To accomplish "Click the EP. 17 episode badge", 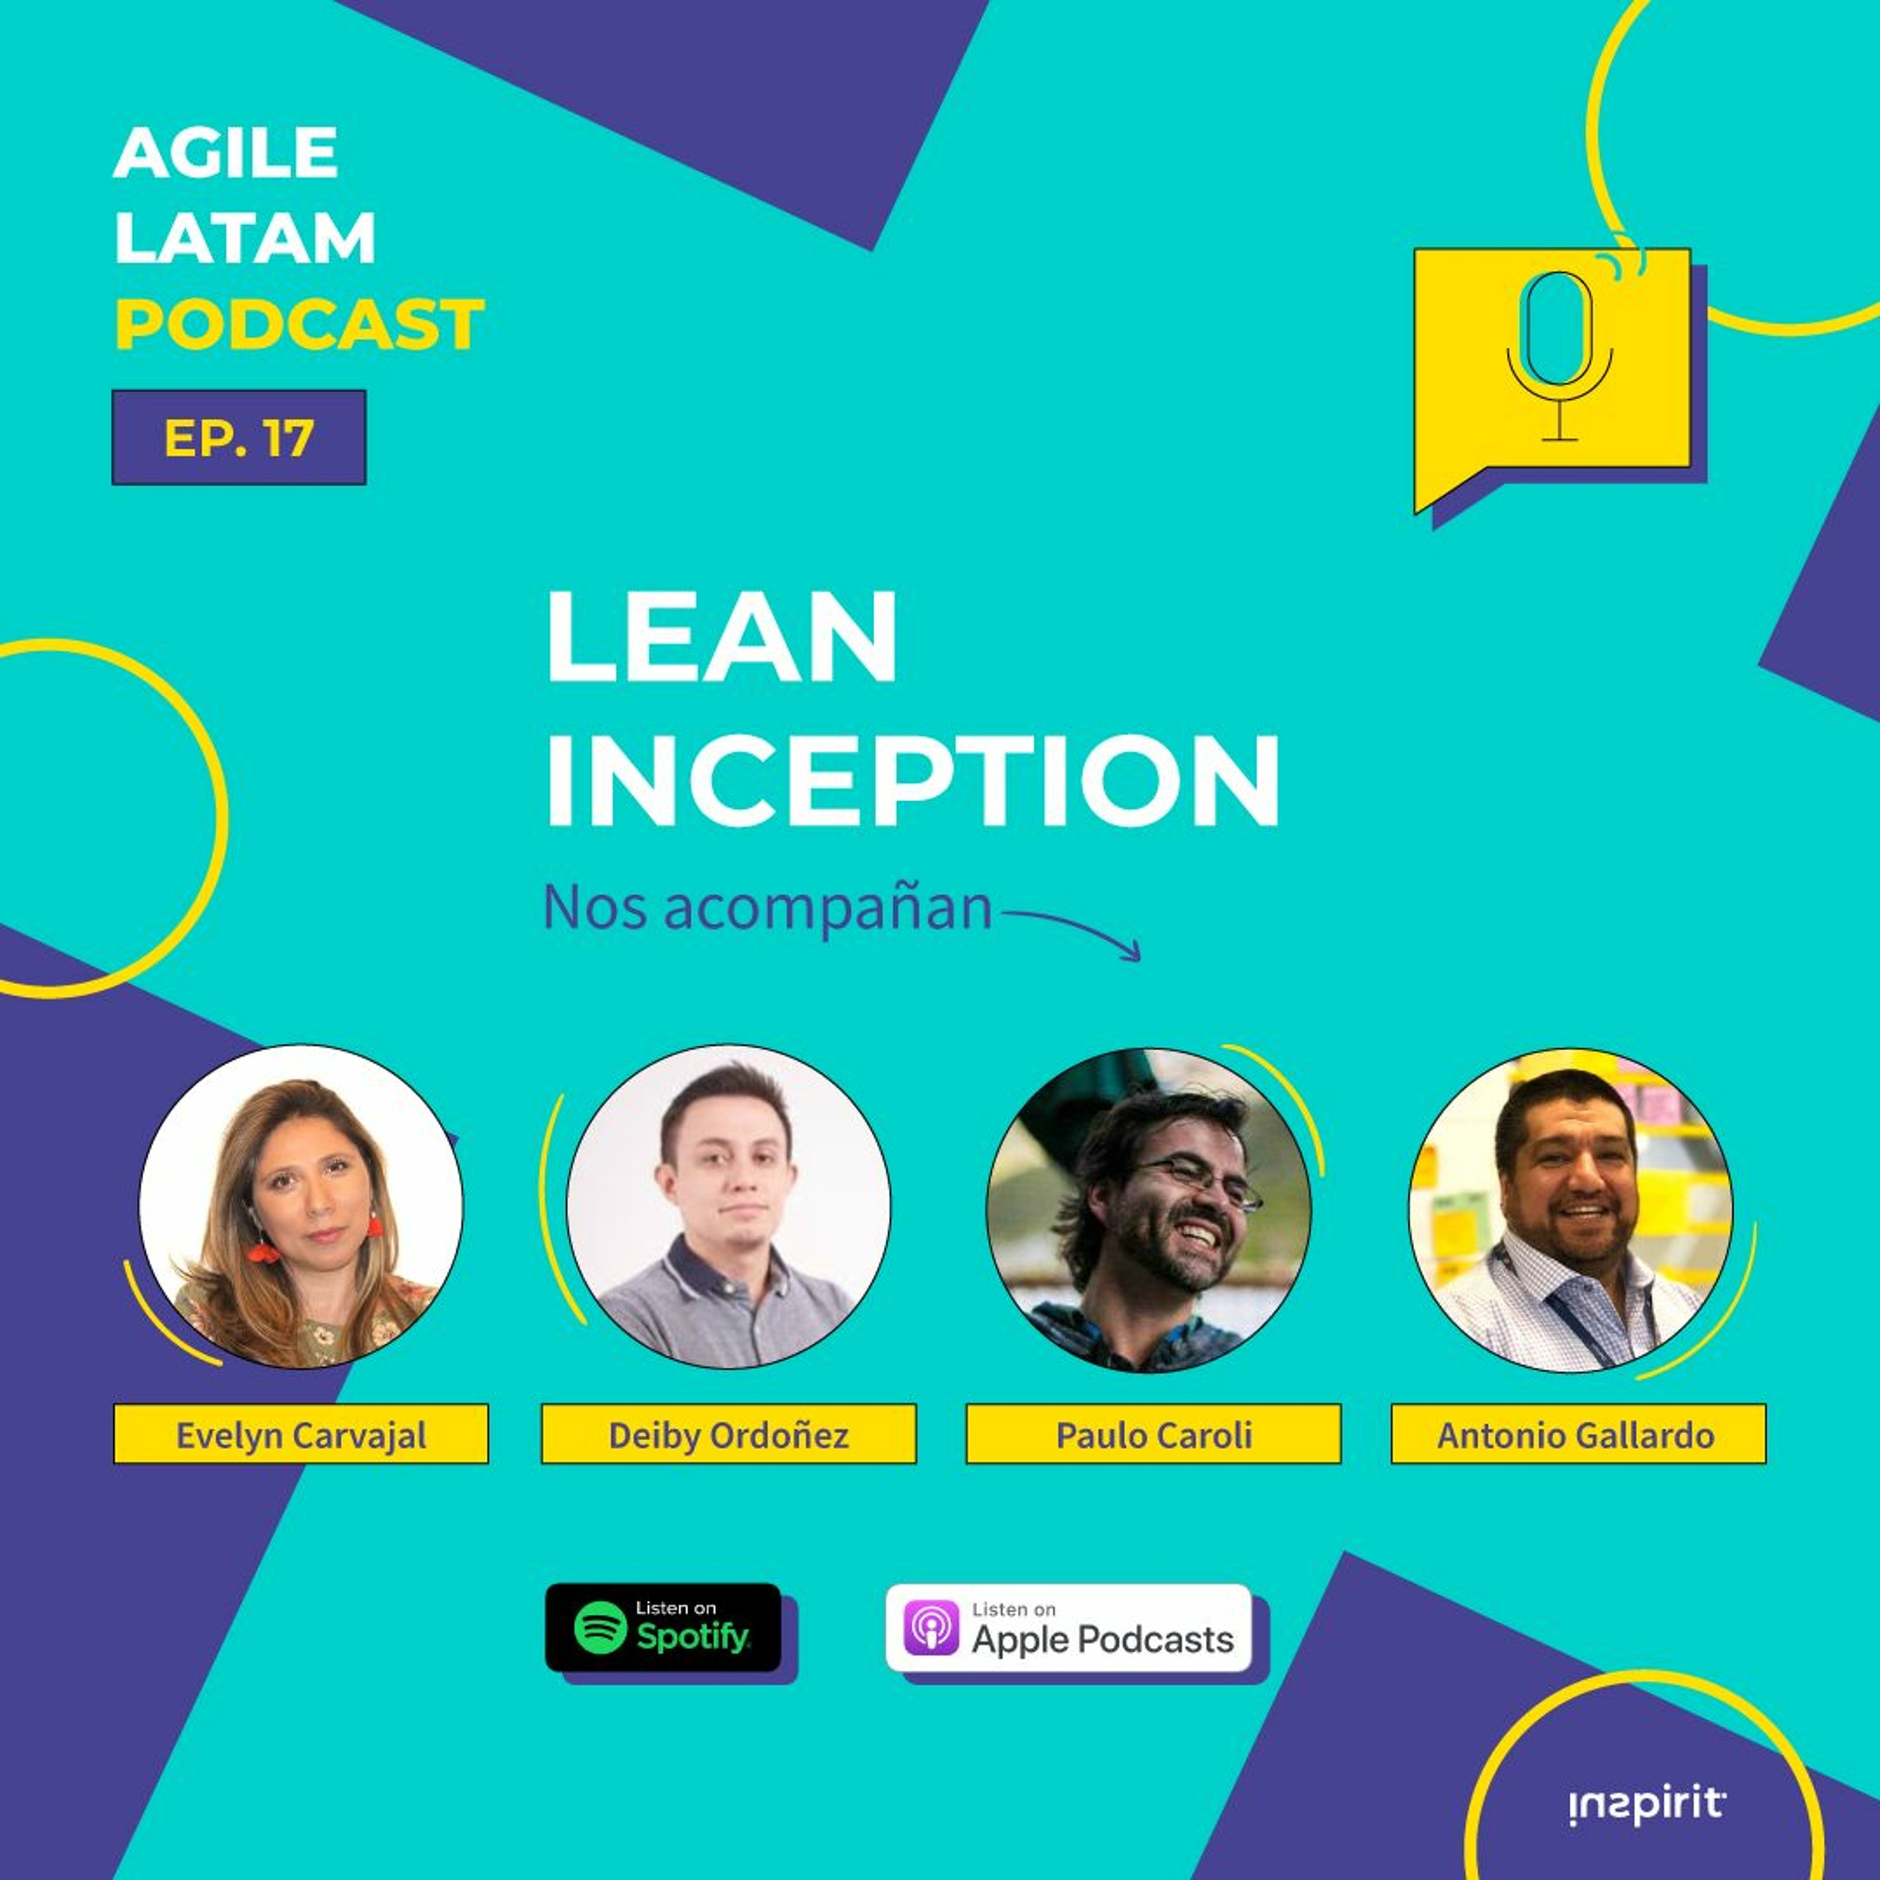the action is coord(238,437).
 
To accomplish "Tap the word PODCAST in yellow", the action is coord(299,324).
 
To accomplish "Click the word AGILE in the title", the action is coord(226,153).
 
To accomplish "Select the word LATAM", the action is coord(244,238).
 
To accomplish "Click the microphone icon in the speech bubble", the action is coord(1560,355).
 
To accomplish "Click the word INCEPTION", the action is coord(913,780).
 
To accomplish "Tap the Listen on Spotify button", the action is coord(662,1627).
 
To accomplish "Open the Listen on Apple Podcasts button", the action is coord(1067,1628).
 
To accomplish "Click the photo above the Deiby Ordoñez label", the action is coord(728,1206).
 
